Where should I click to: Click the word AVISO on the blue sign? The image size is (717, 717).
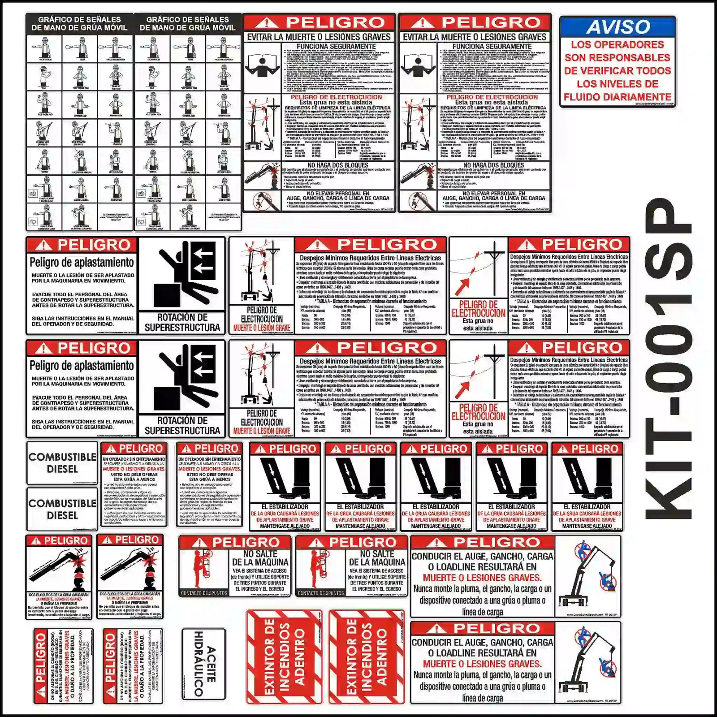pos(618,27)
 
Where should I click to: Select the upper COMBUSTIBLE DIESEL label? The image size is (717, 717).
pos(62,463)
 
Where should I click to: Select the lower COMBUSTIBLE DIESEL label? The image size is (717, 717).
pos(62,509)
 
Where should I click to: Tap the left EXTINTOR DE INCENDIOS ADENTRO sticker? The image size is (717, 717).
pos(284,657)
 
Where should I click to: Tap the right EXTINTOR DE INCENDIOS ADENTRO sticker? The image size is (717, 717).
pos(367,657)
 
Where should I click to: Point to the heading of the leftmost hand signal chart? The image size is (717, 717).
pos(79,23)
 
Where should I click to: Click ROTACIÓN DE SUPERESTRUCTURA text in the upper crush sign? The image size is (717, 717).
pos(182,323)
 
